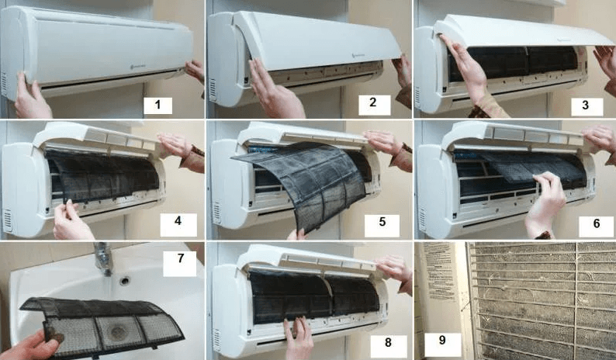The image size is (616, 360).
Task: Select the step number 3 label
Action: click(587, 105)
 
